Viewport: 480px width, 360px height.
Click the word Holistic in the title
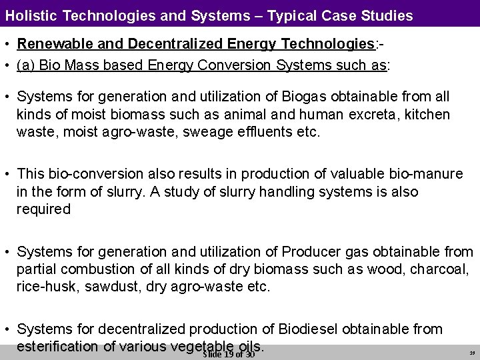point(31,15)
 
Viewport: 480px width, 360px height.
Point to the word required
point(43,209)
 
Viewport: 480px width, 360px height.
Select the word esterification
point(57,346)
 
